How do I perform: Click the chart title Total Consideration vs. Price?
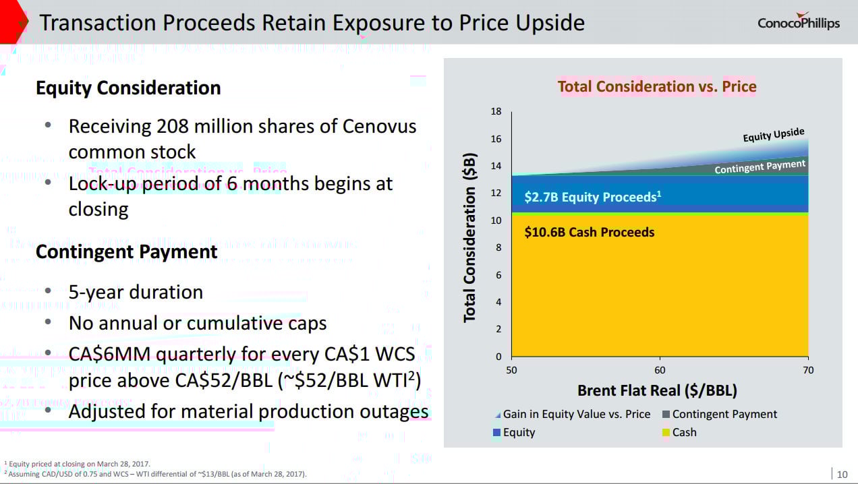click(656, 86)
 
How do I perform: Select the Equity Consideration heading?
click(128, 88)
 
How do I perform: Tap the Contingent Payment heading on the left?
click(126, 251)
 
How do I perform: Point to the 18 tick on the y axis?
click(496, 111)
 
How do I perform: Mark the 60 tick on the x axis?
click(660, 370)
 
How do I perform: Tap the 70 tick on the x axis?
click(807, 370)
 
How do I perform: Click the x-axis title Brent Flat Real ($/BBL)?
click(656, 390)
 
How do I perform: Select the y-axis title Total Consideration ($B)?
click(470, 237)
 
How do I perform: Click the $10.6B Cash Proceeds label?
click(589, 232)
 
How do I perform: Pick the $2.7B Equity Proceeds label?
click(591, 197)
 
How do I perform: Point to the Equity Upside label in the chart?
click(773, 135)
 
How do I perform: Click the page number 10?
click(842, 475)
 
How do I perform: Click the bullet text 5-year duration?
click(136, 292)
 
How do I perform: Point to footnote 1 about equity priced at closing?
click(78, 463)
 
